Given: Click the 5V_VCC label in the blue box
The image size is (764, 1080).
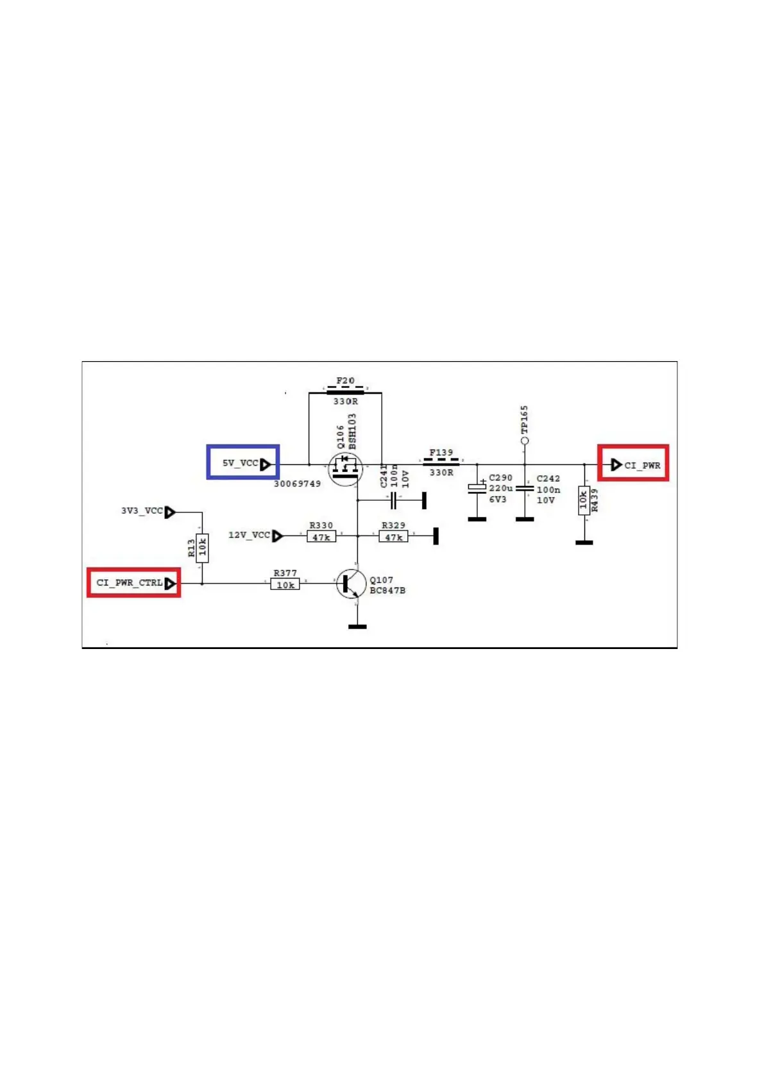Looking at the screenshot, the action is pyautogui.click(x=241, y=463).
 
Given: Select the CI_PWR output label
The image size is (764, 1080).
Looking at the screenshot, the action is pyautogui.click(x=641, y=465).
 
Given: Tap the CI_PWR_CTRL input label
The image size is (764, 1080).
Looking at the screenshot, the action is pyautogui.click(x=130, y=583).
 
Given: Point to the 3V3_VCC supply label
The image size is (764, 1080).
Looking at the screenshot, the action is pyautogui.click(x=142, y=511).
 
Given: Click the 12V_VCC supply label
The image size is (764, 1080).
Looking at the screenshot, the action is pyautogui.click(x=250, y=535).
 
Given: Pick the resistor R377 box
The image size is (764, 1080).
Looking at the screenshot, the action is pyautogui.click(x=285, y=584).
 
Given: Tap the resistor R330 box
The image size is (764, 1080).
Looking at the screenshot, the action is pyautogui.click(x=321, y=536).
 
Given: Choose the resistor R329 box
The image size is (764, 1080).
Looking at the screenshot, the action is pyautogui.click(x=393, y=536).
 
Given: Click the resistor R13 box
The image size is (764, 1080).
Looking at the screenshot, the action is pyautogui.click(x=202, y=548).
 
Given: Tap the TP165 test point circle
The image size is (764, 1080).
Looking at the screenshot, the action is pyautogui.click(x=525, y=441).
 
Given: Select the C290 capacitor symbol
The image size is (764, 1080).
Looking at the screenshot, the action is pyautogui.click(x=477, y=488).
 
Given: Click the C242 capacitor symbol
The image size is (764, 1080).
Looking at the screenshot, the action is pyautogui.click(x=525, y=489).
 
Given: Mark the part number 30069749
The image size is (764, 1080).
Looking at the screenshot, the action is pyautogui.click(x=297, y=484).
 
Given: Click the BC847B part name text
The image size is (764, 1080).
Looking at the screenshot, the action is pyautogui.click(x=387, y=590).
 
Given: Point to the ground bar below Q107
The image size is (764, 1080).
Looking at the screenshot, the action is pyautogui.click(x=357, y=626).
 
